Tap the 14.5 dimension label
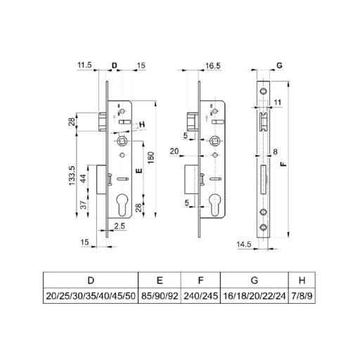(x=245, y=244)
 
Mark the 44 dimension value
(x=84, y=178)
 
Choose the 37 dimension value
(x=84, y=205)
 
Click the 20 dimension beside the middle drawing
(x=174, y=150)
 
